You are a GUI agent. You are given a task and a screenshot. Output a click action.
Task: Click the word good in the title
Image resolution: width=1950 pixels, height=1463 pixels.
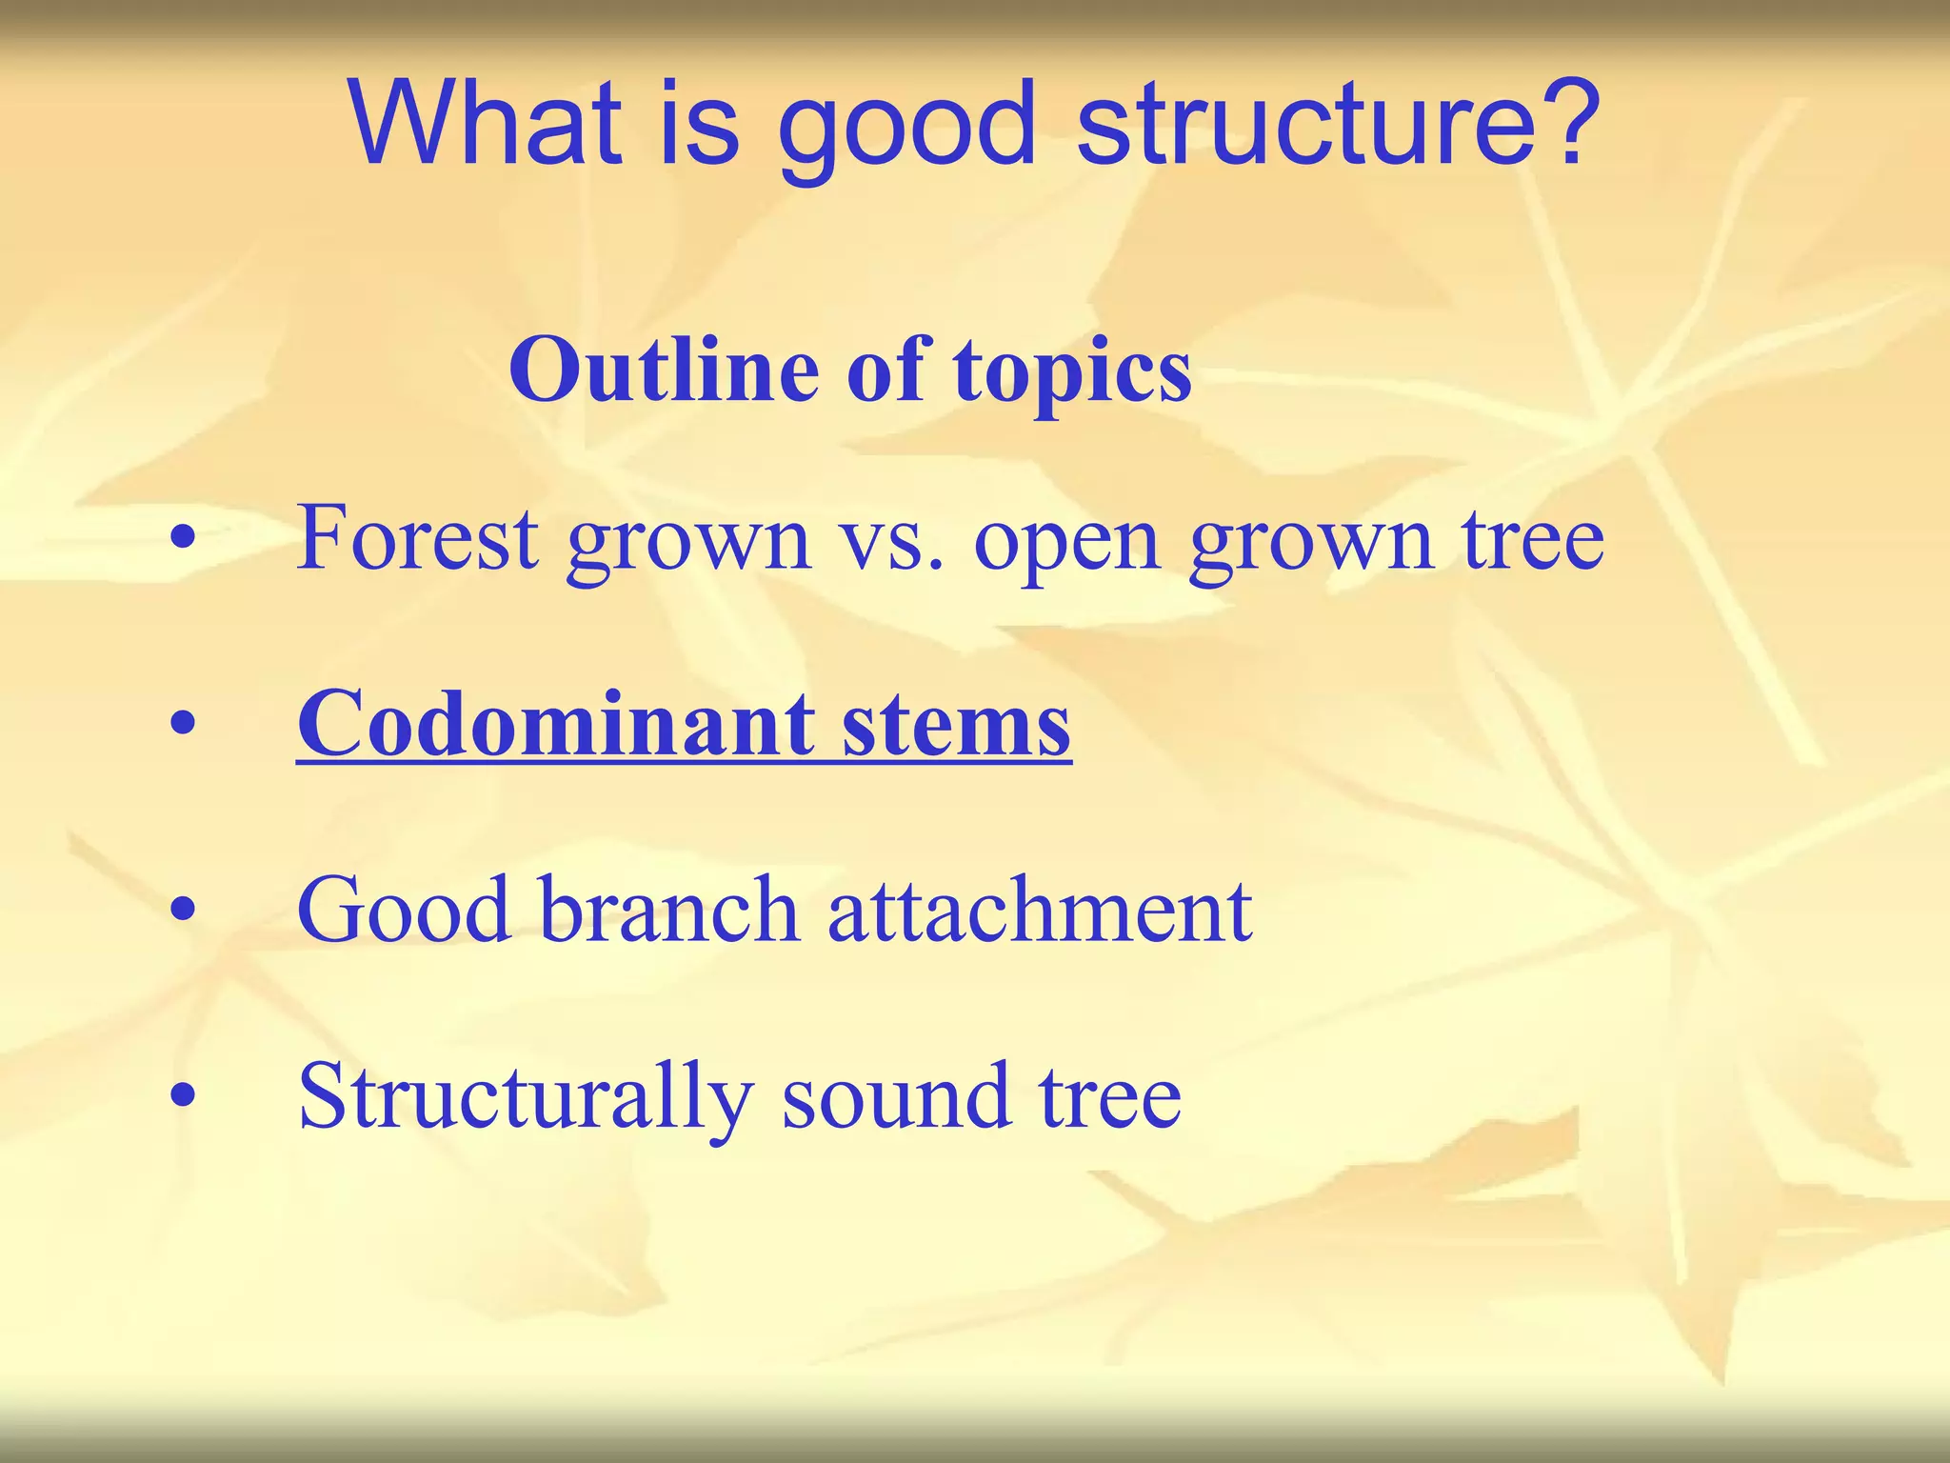(905, 130)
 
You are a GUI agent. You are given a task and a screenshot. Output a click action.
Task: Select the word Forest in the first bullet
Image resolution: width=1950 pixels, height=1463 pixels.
(418, 539)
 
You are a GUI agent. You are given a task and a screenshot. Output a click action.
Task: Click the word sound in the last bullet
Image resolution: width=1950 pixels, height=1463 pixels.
(895, 1097)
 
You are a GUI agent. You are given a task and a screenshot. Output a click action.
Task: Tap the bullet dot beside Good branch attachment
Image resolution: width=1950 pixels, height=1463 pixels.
(183, 912)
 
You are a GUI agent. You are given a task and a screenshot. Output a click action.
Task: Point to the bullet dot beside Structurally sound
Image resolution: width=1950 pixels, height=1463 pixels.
(183, 1098)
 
